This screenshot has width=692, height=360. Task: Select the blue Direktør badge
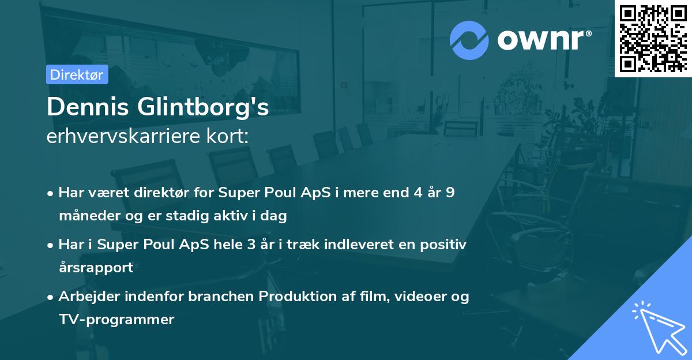[x=77, y=74]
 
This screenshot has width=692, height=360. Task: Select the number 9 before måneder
[x=450, y=193]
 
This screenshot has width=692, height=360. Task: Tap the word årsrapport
[x=96, y=268]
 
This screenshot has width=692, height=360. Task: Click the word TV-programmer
[x=116, y=320]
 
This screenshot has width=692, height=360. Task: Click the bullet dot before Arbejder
[x=51, y=297]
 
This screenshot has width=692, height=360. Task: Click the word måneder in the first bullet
[x=88, y=216]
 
